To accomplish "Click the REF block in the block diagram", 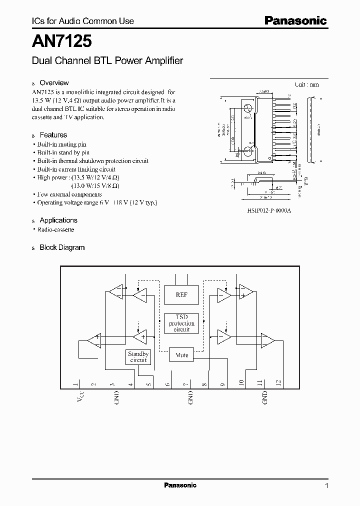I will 181,295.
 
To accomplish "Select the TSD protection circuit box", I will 181,323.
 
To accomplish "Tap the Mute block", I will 181,355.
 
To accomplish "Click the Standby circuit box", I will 138,356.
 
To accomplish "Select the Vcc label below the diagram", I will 75,400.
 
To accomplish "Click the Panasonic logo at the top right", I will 295,20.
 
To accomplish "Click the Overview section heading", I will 54,83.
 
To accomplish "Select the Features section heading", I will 53,135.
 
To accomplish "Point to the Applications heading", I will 58,220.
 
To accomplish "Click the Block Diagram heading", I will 62,247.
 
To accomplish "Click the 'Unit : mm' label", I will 306,84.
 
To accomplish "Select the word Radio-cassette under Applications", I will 56,229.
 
